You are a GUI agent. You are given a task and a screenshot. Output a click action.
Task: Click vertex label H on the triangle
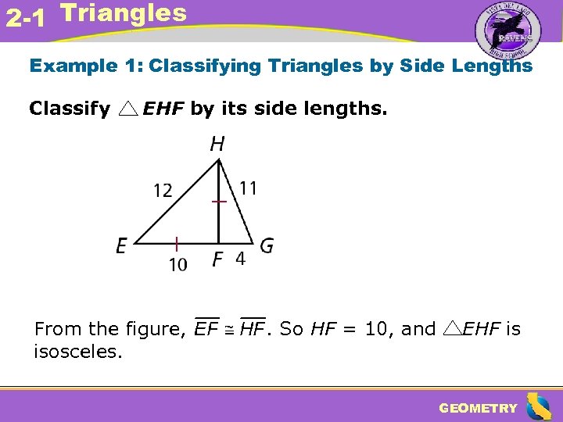[x=217, y=144]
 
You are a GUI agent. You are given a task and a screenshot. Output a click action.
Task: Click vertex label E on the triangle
[x=122, y=247]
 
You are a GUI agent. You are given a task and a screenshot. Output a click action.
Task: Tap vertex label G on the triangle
[x=267, y=246]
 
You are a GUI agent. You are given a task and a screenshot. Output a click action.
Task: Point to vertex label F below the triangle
[x=218, y=259]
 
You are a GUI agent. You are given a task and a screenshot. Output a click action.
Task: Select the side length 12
[x=163, y=191]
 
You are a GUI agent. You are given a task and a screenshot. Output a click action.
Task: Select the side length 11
[x=249, y=188]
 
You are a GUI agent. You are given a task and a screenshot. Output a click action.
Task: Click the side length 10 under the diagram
[x=178, y=265]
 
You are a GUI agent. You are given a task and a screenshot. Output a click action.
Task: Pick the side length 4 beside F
[x=240, y=259]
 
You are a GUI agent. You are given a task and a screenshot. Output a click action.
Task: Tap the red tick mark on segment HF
[x=219, y=202]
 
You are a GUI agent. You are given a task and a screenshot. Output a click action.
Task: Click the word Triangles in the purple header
[x=123, y=13]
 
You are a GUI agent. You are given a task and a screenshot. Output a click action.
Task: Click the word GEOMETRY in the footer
[x=478, y=408]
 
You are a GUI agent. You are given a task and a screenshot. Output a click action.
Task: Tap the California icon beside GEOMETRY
[x=539, y=406]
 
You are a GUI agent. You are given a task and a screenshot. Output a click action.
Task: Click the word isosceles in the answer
[x=77, y=352]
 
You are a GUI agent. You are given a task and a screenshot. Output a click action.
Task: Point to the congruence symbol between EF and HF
[x=232, y=330]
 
